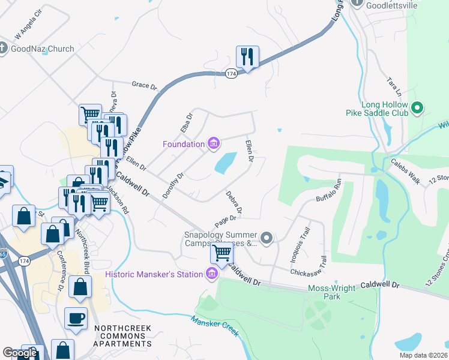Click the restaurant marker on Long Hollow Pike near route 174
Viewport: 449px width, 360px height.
pos(247,58)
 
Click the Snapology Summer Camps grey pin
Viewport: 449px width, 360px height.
pos(267,239)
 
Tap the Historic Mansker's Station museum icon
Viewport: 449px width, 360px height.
pos(211,274)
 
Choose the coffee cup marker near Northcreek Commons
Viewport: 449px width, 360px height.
pos(76,319)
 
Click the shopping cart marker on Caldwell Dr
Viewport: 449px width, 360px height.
pos(221,254)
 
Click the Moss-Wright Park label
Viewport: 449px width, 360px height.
pos(333,292)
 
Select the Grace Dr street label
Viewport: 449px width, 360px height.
pos(144,86)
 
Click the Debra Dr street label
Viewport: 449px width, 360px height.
pos(234,202)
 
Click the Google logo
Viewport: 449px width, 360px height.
pos(20,353)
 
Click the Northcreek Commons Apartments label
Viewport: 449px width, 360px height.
pos(122,332)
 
